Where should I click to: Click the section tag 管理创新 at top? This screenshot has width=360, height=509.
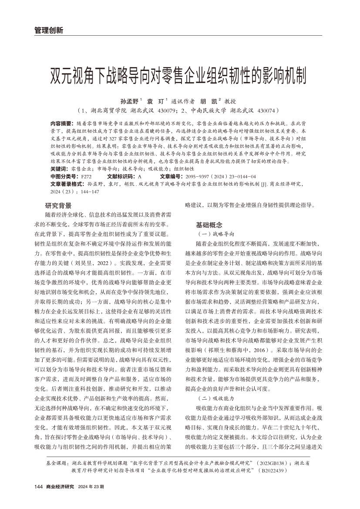tap(49, 30)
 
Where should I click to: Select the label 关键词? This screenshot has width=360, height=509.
tap(59, 169)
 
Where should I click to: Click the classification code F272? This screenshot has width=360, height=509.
tap(86, 176)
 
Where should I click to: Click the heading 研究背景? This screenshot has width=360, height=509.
tap(58, 206)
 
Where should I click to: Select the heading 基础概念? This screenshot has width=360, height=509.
tap(209, 225)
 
